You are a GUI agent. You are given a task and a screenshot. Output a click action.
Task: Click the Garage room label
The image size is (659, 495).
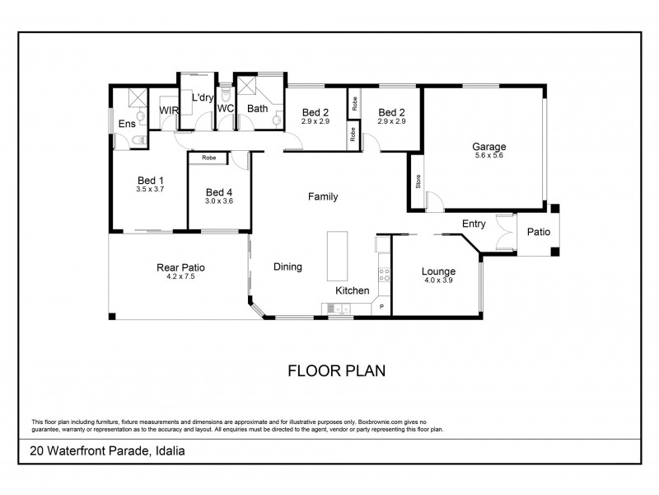coord(489,147)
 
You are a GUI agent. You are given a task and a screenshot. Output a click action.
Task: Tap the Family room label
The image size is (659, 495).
coord(323,196)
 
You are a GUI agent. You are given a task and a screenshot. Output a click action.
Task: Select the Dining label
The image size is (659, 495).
coord(287,266)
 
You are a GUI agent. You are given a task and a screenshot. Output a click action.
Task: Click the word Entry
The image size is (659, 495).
coord(474,224)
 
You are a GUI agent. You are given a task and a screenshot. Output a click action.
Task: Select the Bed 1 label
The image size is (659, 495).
coord(150,180)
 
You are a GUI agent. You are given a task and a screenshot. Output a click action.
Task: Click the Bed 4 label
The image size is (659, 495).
coord(220,192)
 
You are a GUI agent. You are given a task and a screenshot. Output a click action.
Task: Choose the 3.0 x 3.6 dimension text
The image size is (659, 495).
coord(220,201)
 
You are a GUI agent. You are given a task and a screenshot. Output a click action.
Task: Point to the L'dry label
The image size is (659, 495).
coord(202,97)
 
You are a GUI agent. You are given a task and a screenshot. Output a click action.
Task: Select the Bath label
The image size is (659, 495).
coord(258,108)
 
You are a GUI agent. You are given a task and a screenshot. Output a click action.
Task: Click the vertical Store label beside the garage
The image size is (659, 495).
coord(418,181)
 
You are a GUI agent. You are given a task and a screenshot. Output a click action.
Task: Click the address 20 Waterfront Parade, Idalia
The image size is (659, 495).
coord(106,451)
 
